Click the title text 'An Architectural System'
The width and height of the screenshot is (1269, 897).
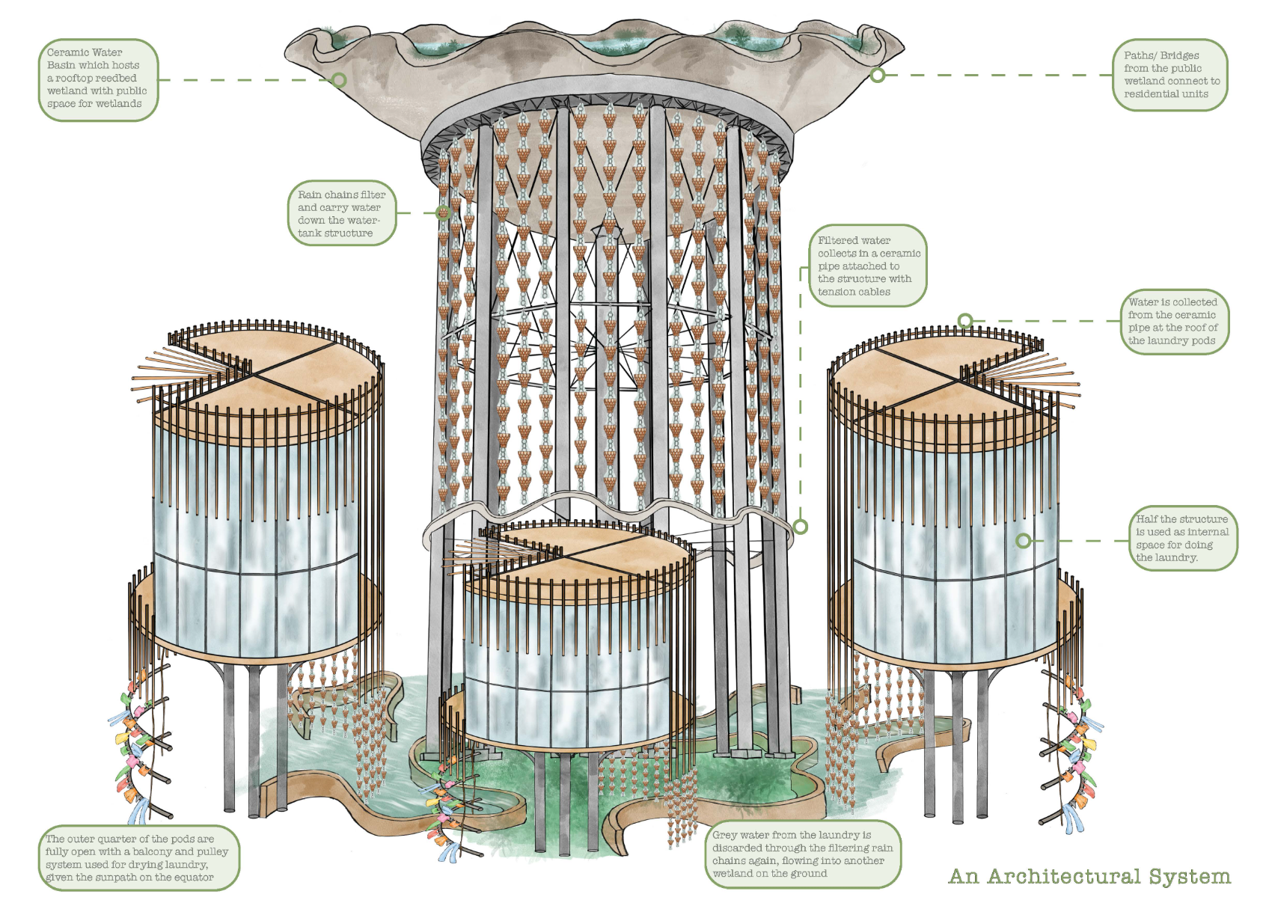click(1089, 876)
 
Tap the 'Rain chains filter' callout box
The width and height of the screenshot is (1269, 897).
click(341, 213)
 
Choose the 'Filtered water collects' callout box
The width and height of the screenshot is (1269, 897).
click(868, 266)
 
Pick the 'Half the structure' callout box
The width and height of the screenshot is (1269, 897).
click(1181, 538)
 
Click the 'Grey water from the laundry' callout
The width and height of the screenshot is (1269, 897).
click(802, 854)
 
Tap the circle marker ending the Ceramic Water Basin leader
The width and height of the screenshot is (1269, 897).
click(339, 80)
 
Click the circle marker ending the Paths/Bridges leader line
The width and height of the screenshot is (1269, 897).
click(878, 75)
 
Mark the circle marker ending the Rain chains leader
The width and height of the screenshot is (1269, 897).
click(443, 212)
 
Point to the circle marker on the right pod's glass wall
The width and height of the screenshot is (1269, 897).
click(1024, 540)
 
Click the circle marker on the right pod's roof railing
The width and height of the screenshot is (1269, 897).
click(965, 321)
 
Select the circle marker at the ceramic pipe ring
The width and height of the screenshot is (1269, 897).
click(801, 527)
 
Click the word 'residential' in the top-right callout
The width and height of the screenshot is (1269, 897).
click(1150, 94)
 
